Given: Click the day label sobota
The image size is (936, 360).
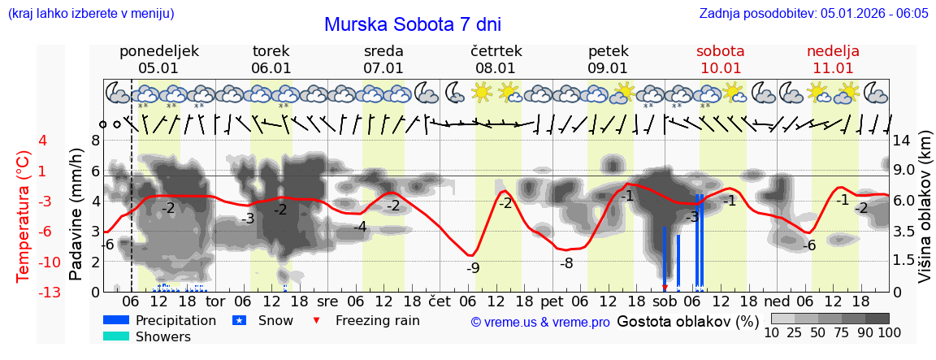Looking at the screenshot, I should click(x=720, y=51).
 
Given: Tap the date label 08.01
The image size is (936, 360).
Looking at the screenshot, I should click(x=496, y=68).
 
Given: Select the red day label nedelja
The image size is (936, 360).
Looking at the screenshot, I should click(x=833, y=51).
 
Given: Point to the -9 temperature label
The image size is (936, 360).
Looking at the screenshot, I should click(x=473, y=267).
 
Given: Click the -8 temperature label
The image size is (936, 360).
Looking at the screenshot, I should click(x=566, y=262).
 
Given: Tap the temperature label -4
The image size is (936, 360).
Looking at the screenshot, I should click(x=360, y=227).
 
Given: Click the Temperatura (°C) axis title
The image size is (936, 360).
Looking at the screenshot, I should click(x=24, y=216).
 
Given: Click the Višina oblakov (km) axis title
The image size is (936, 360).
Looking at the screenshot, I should click(x=925, y=215).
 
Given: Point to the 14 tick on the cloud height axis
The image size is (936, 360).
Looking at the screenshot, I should click(x=903, y=140).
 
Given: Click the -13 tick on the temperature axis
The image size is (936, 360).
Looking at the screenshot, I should click(x=49, y=292).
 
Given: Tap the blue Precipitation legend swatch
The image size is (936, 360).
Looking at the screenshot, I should click(x=116, y=320).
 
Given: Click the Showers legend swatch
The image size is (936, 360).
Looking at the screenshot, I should click(x=116, y=336).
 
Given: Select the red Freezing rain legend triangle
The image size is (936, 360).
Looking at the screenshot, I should click(x=317, y=320).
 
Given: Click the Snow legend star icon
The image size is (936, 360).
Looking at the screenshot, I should click(x=239, y=320).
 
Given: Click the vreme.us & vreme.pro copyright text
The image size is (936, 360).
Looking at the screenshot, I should click(x=539, y=322).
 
